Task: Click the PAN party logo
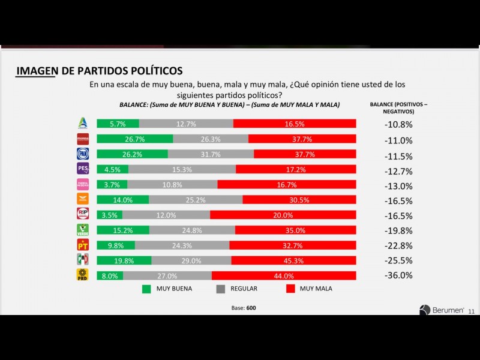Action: (x=83, y=154)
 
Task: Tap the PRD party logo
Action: (x=83, y=275)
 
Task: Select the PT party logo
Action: (x=83, y=245)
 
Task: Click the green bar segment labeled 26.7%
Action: (x=134, y=139)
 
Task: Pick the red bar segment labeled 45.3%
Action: (x=293, y=260)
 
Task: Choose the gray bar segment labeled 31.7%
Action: (x=211, y=154)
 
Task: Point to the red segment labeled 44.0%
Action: (x=284, y=275)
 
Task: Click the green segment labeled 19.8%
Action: (x=124, y=260)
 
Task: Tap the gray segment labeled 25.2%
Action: (x=196, y=200)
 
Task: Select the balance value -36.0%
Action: (x=398, y=275)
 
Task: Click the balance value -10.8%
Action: (x=398, y=125)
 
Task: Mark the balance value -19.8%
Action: (x=398, y=230)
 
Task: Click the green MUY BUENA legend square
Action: (x=146, y=289)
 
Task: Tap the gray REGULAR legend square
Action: (x=220, y=289)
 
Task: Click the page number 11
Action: (x=471, y=311)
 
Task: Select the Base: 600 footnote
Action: (x=244, y=308)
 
